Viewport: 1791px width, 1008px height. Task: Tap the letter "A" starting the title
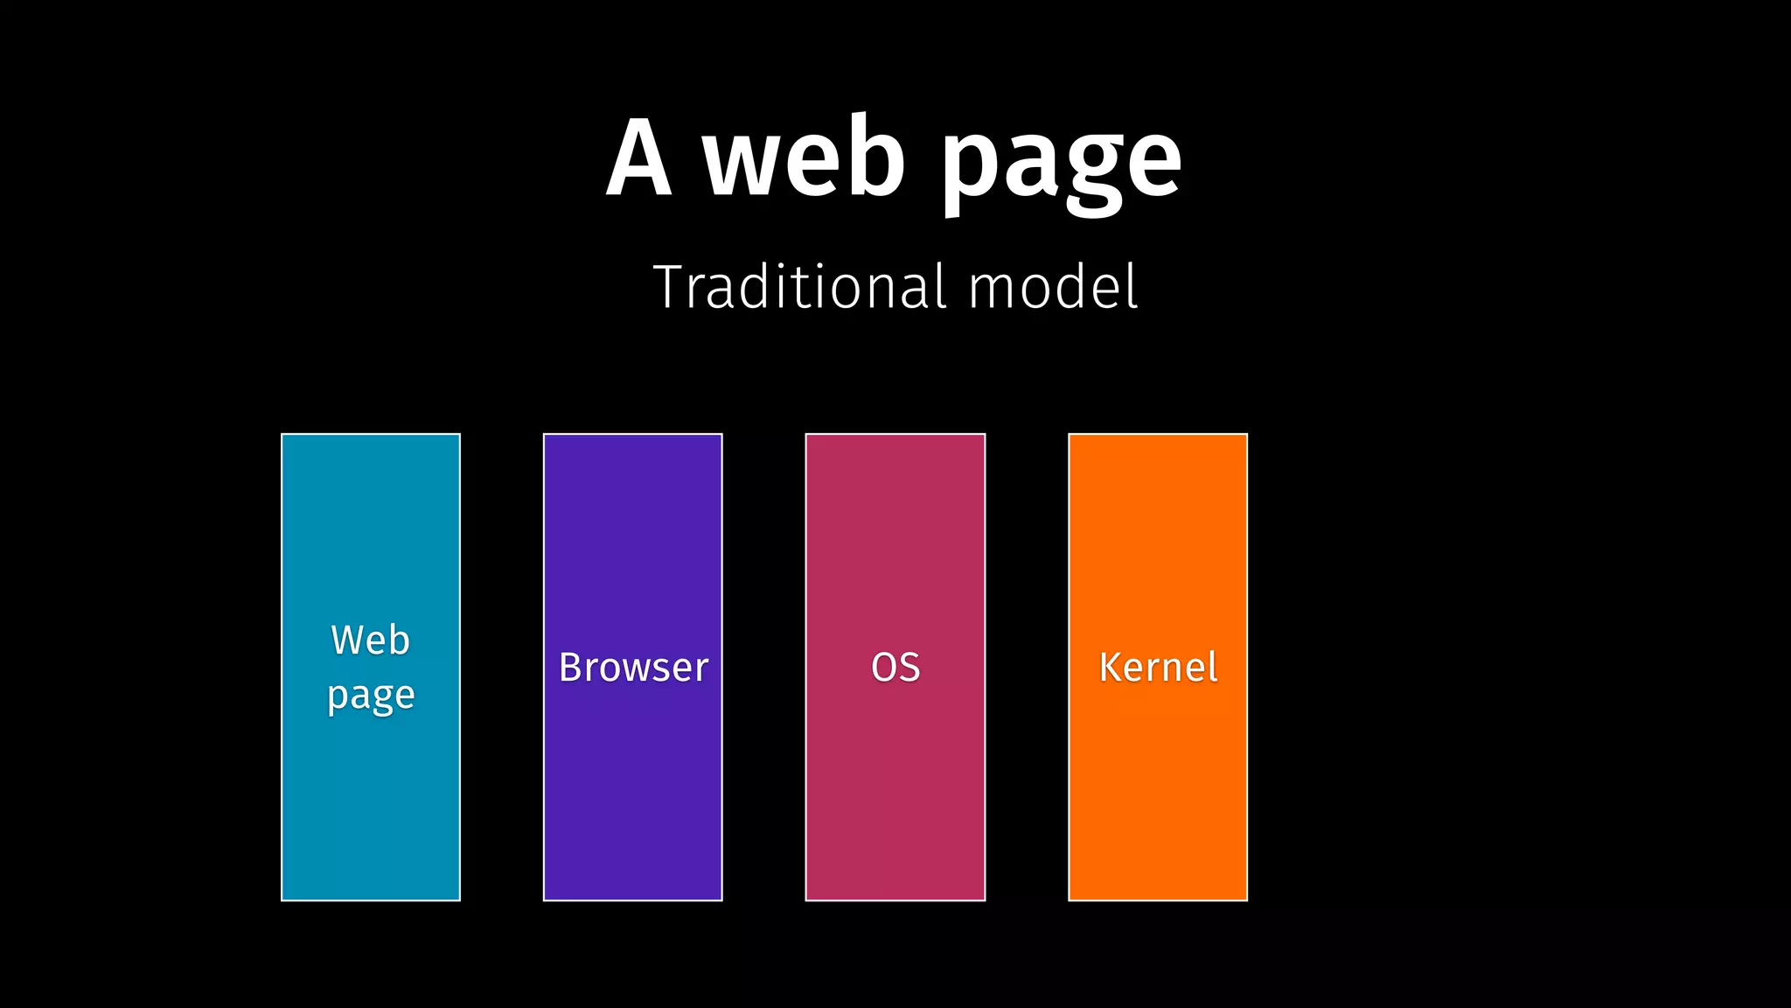(639, 157)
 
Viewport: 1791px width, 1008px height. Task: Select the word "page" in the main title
(1061, 166)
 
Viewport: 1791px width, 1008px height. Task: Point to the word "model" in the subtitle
(1053, 286)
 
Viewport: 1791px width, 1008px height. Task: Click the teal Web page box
(371, 787)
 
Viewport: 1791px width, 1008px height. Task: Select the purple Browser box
(633, 787)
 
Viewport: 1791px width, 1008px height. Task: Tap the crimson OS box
(895, 787)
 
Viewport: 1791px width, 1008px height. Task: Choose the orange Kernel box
(1158, 787)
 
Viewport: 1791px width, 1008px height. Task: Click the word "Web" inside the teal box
(371, 640)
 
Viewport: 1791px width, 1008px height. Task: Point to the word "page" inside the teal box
(371, 696)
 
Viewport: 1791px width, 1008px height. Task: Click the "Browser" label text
(633, 668)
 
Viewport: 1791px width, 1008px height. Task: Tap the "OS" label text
(895, 668)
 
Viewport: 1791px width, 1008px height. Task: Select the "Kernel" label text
(1158, 668)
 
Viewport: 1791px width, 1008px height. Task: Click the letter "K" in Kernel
(1111, 668)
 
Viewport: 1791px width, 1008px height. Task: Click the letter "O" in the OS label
(883, 668)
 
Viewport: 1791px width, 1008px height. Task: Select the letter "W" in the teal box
(348, 640)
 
